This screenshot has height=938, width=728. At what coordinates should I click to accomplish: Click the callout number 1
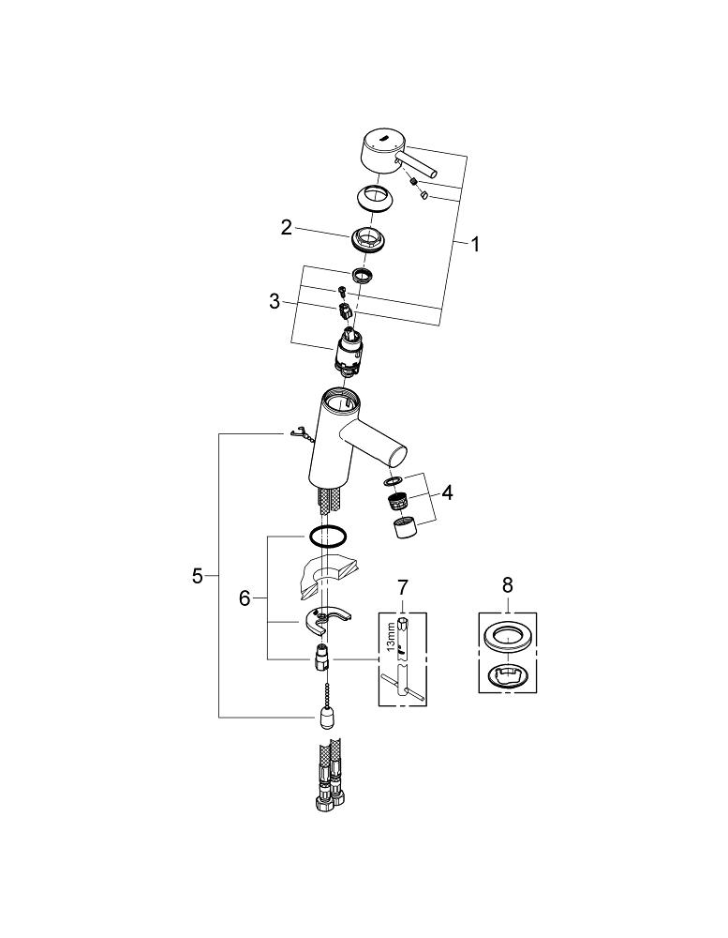475,245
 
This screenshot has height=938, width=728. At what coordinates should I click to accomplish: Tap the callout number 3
274,301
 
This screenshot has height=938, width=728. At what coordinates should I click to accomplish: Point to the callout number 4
448,492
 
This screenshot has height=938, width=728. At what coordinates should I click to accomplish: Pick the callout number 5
197,576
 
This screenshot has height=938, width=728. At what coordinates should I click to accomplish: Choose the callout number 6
245,598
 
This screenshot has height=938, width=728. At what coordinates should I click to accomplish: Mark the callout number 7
403,587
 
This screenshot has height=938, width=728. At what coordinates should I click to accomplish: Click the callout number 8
508,584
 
